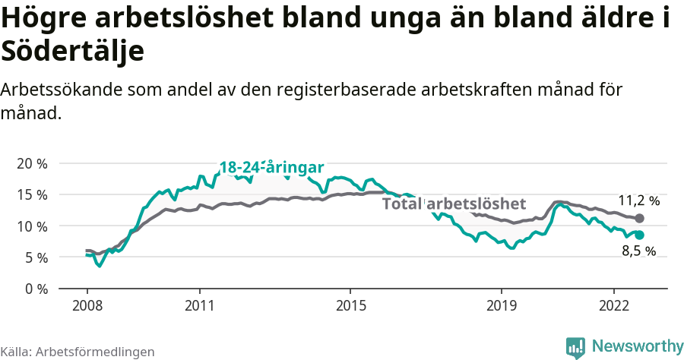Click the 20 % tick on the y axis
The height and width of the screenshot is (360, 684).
(x=32, y=163)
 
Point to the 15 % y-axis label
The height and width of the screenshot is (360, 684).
(x=32, y=194)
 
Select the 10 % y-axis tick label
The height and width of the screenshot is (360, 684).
(x=32, y=226)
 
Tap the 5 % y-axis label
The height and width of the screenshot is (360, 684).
(x=35, y=257)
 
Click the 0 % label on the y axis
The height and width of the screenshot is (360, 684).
(x=35, y=289)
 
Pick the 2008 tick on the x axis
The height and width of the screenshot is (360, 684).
(x=87, y=305)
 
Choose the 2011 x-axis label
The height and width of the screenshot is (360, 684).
(x=199, y=305)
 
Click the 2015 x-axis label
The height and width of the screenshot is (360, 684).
(x=350, y=305)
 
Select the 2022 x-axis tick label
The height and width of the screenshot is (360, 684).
(x=614, y=305)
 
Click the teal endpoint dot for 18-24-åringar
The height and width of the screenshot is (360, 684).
(x=640, y=235)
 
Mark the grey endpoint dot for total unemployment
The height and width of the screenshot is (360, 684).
(x=640, y=219)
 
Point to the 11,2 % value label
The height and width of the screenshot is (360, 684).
(x=638, y=201)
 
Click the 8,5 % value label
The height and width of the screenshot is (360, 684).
(x=638, y=251)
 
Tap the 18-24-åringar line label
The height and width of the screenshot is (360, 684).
(x=272, y=168)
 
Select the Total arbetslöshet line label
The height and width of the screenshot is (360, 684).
(x=454, y=204)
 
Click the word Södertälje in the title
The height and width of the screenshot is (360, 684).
(x=73, y=52)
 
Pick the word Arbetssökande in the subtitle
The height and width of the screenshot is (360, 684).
(x=56, y=89)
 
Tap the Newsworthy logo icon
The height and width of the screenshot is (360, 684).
(x=576, y=347)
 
